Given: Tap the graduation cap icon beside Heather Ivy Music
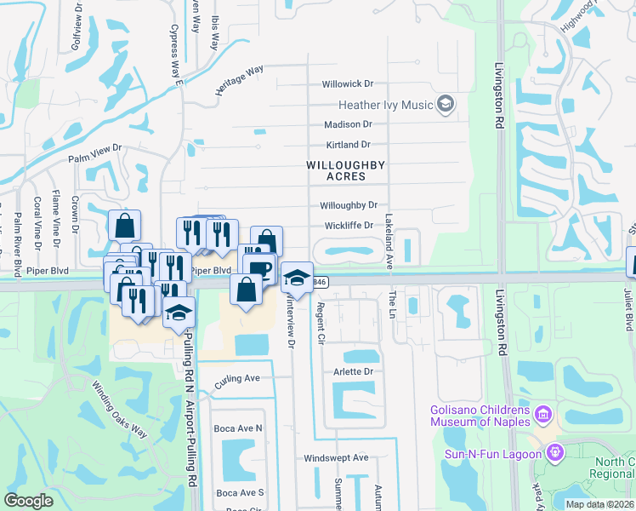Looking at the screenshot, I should click(x=445, y=105).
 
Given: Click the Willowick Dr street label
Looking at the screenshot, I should click(x=348, y=84).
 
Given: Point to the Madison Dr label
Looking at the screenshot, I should click(x=349, y=124).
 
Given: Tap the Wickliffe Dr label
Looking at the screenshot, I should click(x=349, y=226).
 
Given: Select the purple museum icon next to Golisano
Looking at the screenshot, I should click(x=543, y=416).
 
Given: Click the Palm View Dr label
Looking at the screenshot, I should click(x=96, y=154).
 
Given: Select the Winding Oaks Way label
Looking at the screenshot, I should click(x=120, y=410).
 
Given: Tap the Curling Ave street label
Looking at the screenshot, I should click(x=237, y=379).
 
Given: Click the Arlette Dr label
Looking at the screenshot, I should click(x=357, y=372).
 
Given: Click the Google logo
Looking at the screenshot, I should click(x=29, y=501).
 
